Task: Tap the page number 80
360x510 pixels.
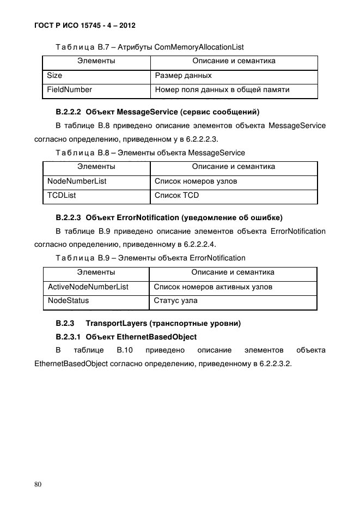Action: click(x=38, y=484)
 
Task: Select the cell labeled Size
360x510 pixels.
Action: click(x=54, y=76)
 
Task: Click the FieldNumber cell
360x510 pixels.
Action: click(x=70, y=90)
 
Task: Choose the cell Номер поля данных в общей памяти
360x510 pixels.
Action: click(x=222, y=90)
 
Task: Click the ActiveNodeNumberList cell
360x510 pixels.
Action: click(x=88, y=287)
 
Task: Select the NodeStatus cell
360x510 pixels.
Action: click(x=69, y=301)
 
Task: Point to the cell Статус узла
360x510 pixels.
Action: click(x=176, y=301)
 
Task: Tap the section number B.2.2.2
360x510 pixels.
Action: click(x=69, y=112)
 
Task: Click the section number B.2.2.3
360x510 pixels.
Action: click(x=69, y=218)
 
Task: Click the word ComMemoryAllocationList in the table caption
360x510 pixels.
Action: click(x=199, y=47)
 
